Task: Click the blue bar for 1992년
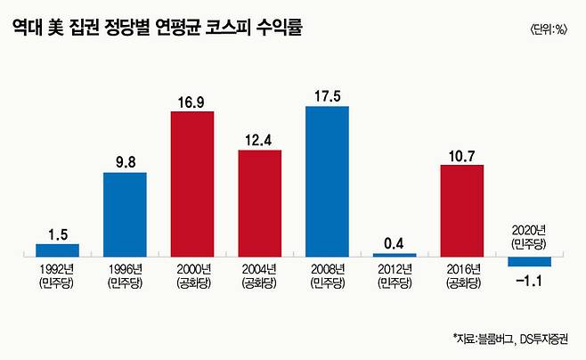pyautogui.click(x=57, y=250)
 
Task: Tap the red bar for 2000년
pyautogui.click(x=192, y=184)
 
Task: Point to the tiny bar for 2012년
pyautogui.click(x=395, y=256)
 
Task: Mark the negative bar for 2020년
pyautogui.click(x=530, y=262)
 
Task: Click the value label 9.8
pyautogui.click(x=125, y=162)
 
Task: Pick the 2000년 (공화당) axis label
pyautogui.click(x=192, y=275)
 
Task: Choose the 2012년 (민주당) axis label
pyautogui.click(x=395, y=275)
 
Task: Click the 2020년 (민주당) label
pyautogui.click(x=529, y=236)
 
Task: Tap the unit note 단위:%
pyautogui.click(x=549, y=29)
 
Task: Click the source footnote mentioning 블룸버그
pyautogui.click(x=514, y=339)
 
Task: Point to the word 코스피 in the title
pyautogui.click(x=236, y=28)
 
